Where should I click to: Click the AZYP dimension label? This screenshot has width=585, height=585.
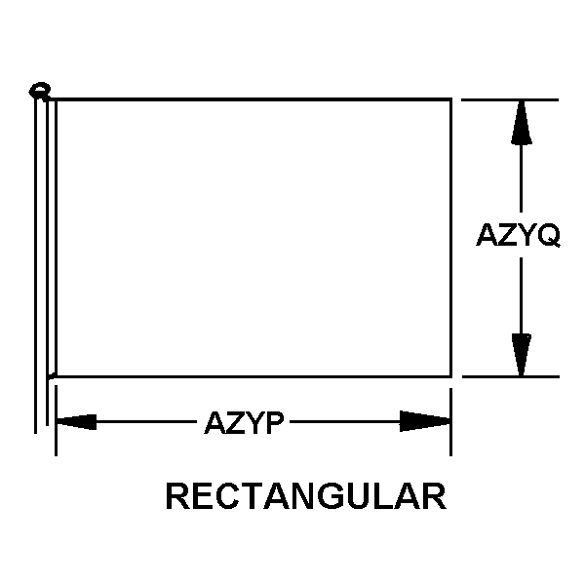[244, 423]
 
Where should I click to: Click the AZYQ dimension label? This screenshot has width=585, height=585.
[519, 235]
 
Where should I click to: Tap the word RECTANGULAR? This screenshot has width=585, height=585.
[306, 496]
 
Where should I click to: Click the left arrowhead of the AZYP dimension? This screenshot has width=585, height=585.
[76, 422]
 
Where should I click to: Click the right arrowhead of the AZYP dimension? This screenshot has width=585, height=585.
[425, 421]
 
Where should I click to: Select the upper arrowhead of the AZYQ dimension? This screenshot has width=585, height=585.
[522, 123]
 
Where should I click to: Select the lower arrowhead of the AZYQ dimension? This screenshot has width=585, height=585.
[522, 355]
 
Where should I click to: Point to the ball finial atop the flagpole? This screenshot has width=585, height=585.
[40, 91]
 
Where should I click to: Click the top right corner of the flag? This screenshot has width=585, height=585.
[451, 99]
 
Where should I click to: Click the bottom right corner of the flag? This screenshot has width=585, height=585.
[451, 376]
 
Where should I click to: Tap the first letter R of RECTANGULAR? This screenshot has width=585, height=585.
[177, 496]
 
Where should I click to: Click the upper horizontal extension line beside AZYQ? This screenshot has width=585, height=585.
[510, 100]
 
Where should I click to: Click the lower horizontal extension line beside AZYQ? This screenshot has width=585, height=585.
[511, 376]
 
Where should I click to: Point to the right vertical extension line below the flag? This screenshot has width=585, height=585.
[450, 422]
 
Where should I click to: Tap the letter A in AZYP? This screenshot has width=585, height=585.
[214, 423]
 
